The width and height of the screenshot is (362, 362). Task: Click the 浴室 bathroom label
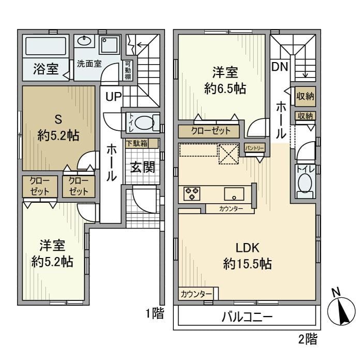(x=46, y=69)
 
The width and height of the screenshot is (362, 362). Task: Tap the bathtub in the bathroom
(x=46, y=47)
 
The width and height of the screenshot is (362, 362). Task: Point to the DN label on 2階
(x=280, y=66)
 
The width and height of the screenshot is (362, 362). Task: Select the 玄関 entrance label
(x=142, y=167)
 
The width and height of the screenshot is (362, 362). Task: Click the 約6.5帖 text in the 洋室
(x=224, y=88)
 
